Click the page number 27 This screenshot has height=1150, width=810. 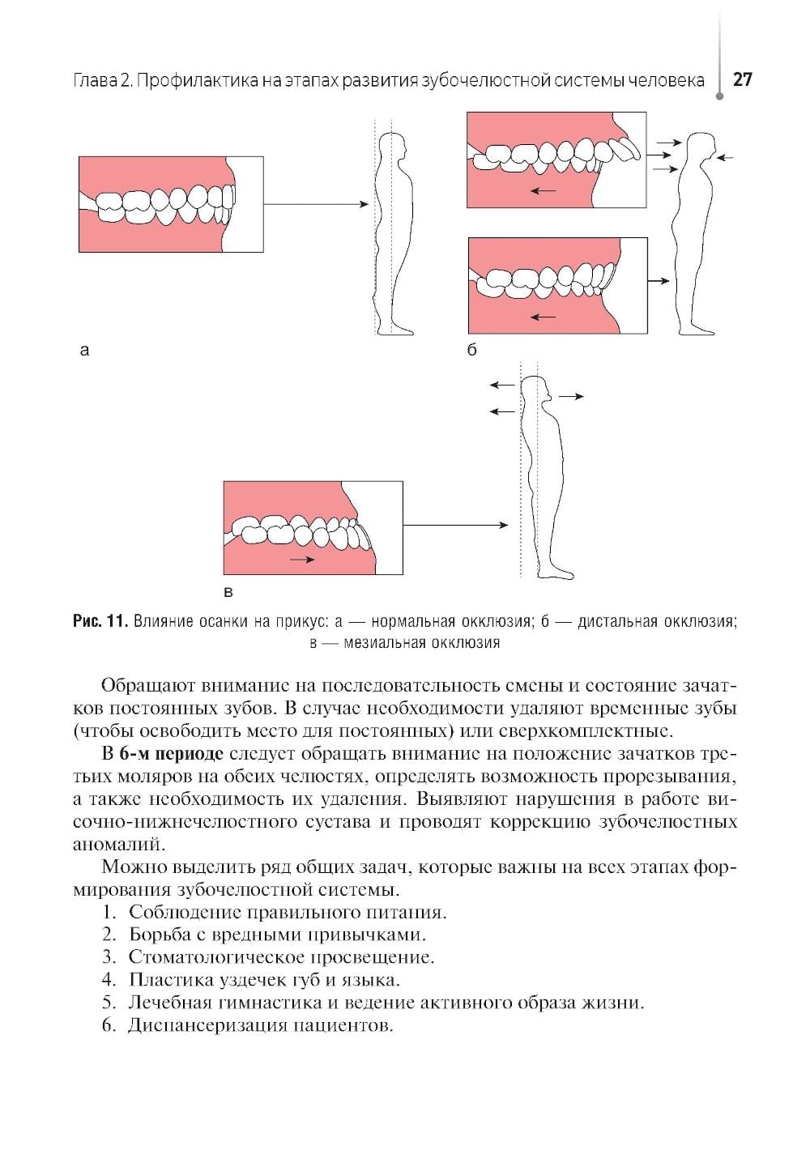(x=742, y=79)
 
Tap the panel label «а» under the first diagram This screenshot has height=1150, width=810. (x=83, y=350)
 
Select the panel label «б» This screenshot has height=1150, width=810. (x=472, y=350)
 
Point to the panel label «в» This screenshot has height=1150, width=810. (x=228, y=592)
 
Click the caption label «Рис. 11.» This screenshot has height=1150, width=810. (x=100, y=622)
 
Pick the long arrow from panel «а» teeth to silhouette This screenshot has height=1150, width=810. (x=316, y=205)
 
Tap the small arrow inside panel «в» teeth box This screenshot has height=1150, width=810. (x=303, y=559)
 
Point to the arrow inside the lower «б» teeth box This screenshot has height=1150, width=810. (x=543, y=317)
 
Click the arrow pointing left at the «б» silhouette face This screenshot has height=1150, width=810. (x=726, y=157)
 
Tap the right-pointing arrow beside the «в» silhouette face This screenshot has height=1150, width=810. (x=571, y=396)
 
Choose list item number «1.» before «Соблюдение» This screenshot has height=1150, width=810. (x=110, y=912)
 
